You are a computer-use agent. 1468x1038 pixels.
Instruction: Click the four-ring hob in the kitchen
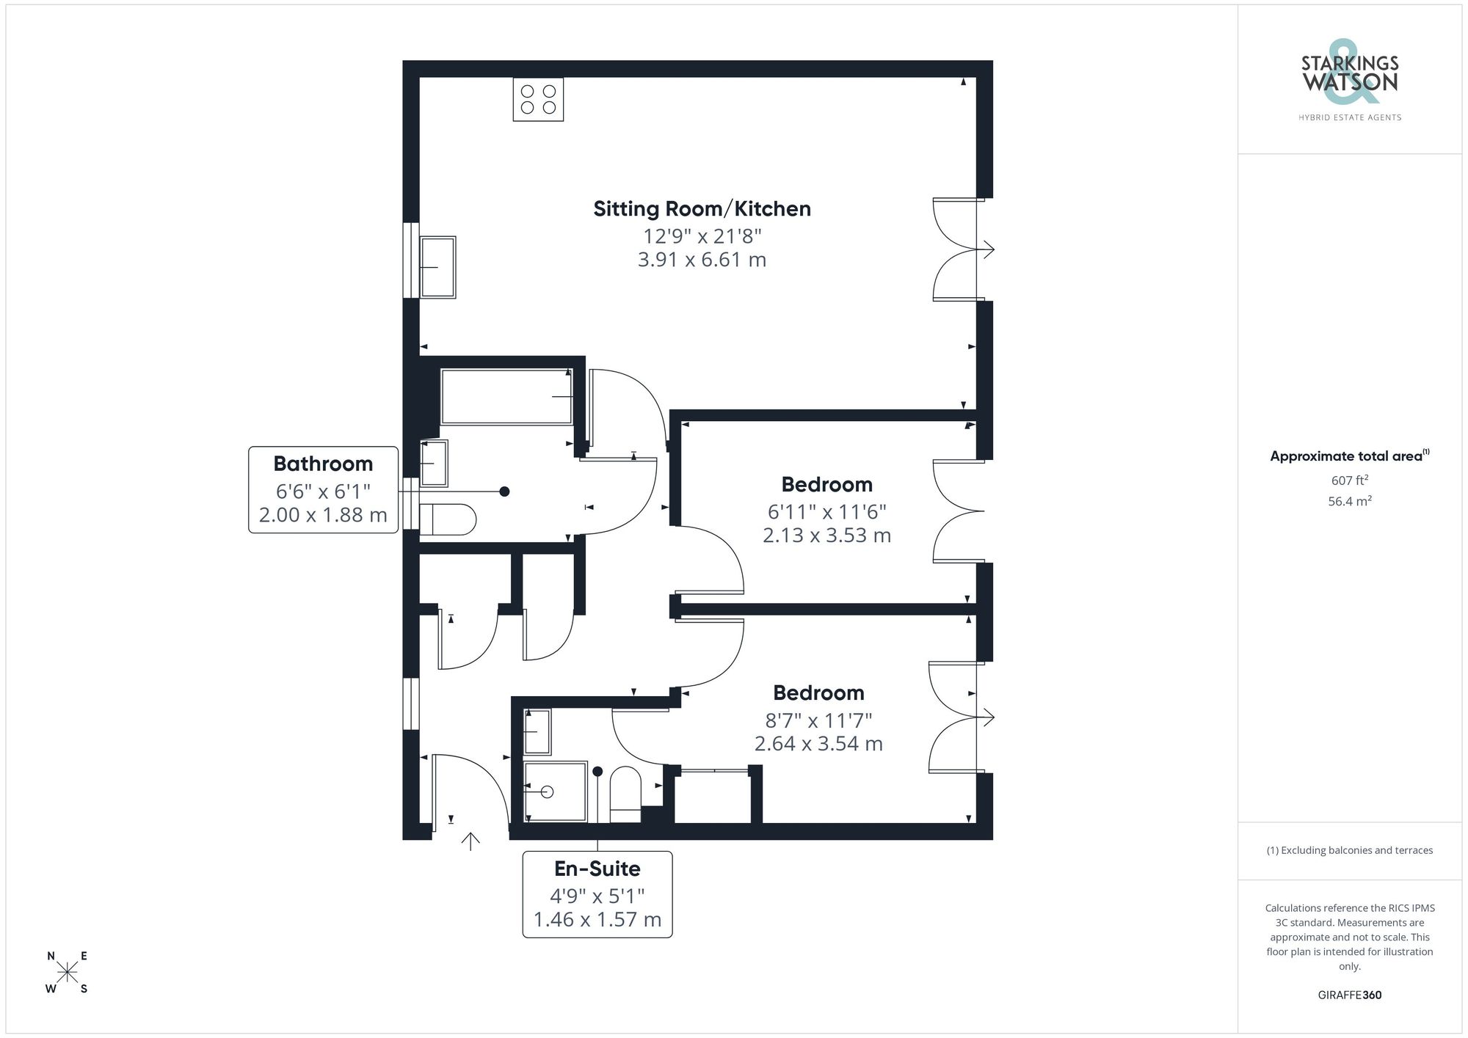[538, 99]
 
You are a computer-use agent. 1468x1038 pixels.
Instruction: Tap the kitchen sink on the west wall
[437, 267]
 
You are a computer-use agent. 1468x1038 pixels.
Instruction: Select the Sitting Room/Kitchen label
[702, 209]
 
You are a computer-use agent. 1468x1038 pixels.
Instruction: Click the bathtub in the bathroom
[506, 397]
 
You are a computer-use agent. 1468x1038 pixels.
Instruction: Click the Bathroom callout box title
[323, 464]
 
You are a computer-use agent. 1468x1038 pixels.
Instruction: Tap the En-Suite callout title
[597, 869]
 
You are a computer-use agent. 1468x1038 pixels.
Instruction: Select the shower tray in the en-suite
[556, 792]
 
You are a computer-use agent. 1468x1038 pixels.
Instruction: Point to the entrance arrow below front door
[470, 841]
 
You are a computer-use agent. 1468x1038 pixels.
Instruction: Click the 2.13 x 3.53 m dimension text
[826, 536]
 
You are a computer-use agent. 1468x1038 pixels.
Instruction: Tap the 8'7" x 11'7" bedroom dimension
[818, 720]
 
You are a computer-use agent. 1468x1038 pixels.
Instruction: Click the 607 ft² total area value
[1349, 480]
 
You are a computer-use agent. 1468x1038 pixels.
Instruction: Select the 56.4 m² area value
[1349, 502]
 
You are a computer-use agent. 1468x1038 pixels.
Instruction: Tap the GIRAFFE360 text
[1349, 995]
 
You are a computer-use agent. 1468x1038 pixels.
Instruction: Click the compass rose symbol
[68, 973]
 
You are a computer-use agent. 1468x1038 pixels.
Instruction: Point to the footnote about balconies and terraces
[1349, 850]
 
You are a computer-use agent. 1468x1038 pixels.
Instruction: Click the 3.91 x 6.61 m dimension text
[702, 260]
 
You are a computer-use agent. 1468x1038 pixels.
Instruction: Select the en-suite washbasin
[537, 731]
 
